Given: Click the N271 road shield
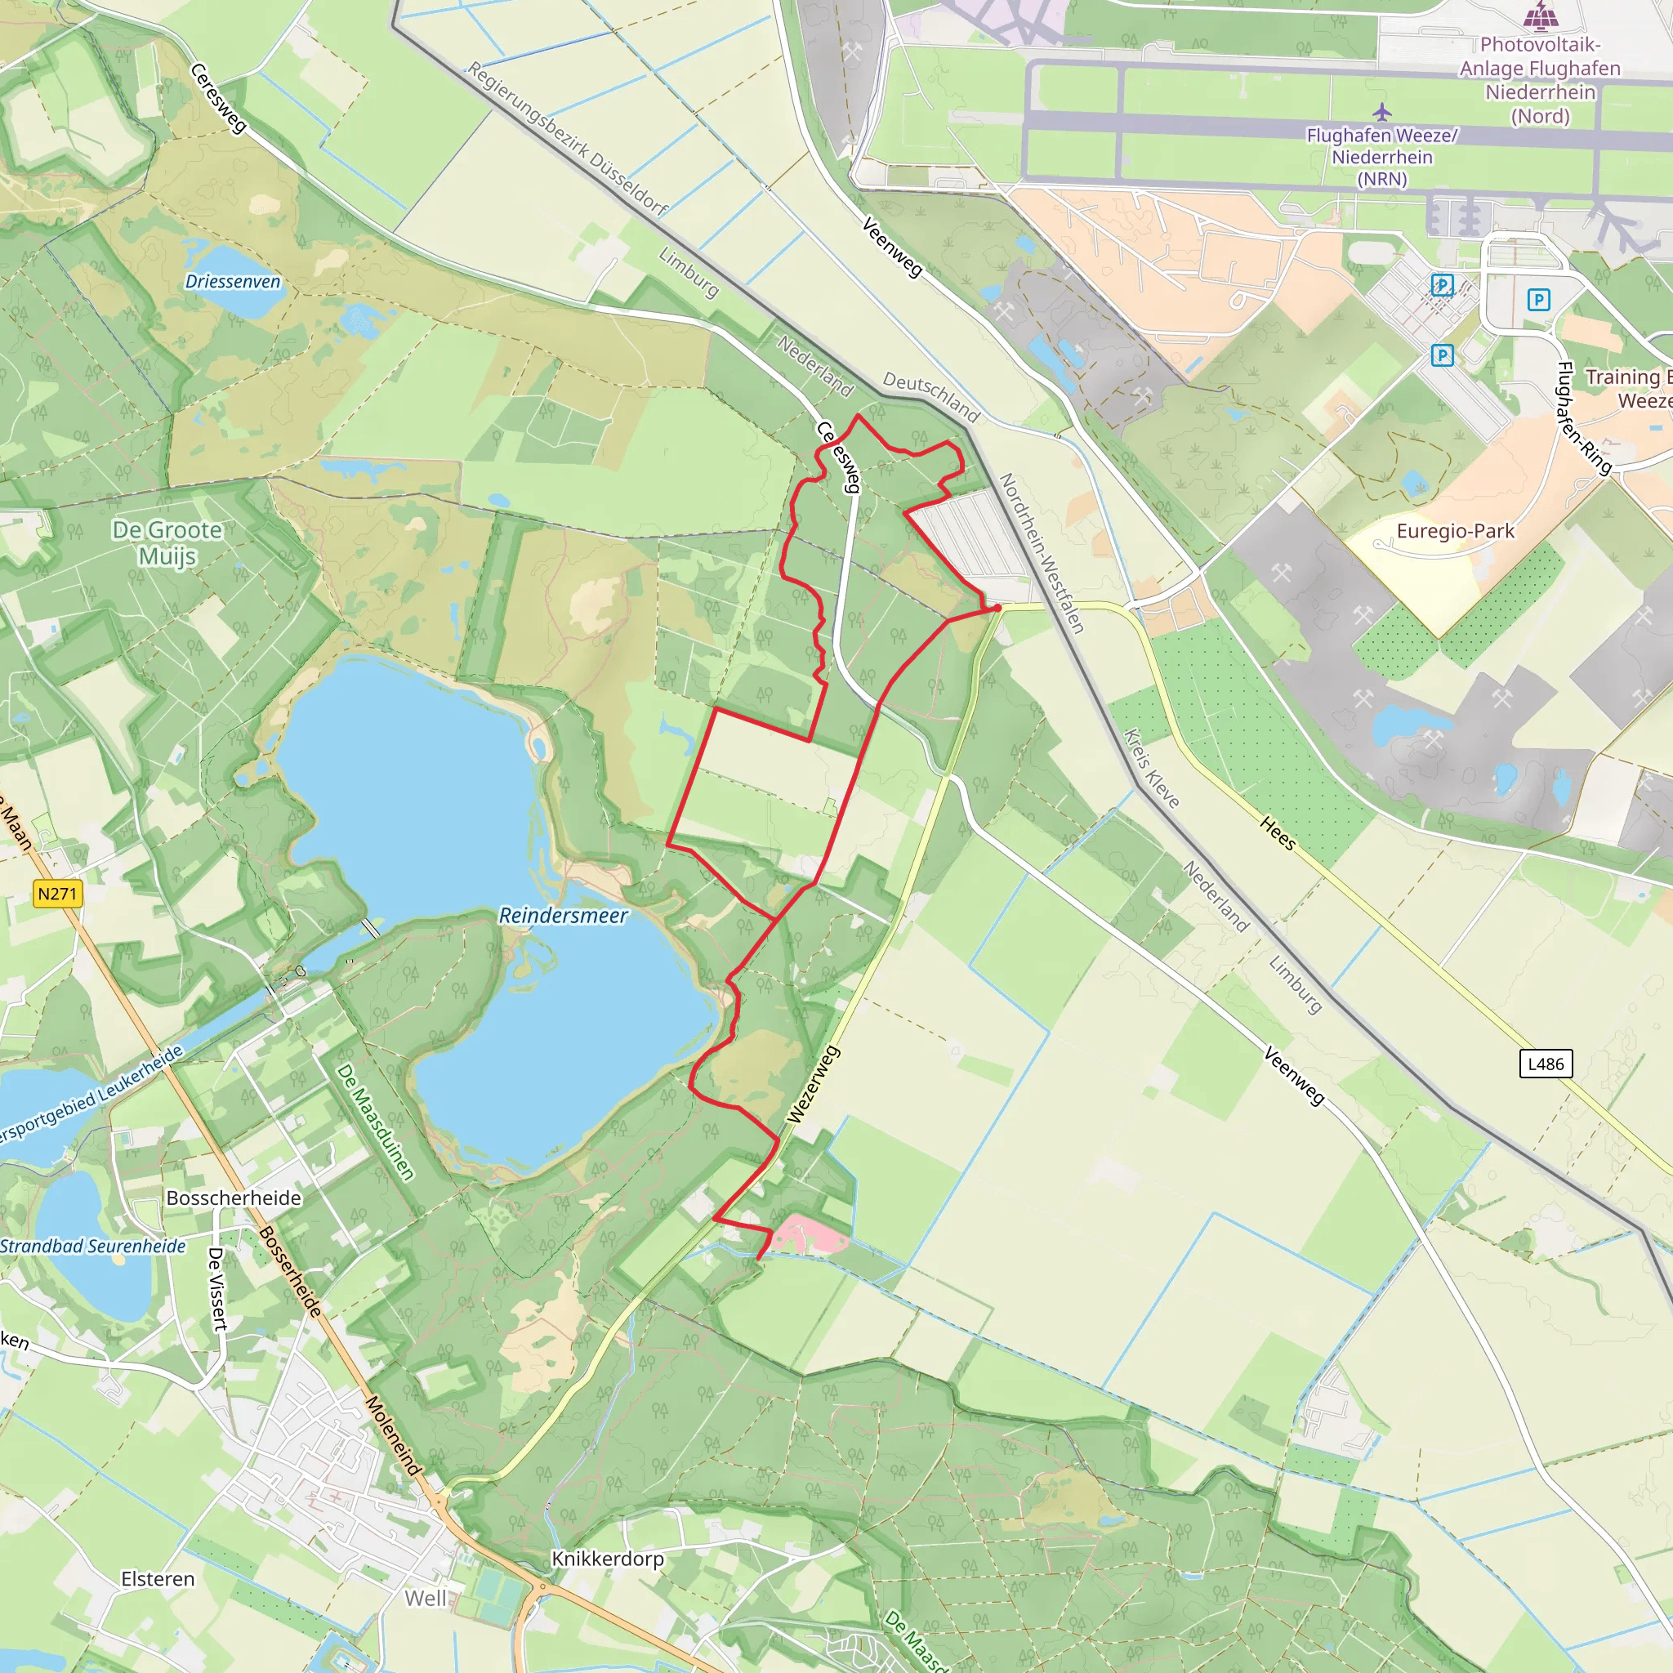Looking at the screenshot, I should pyautogui.click(x=58, y=893).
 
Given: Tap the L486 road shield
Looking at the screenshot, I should pyautogui.click(x=1546, y=1064).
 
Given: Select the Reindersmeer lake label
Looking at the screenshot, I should pyautogui.click(x=563, y=915).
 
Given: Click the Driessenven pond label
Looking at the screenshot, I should pyautogui.click(x=233, y=282).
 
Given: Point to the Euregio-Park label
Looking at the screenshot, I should pyautogui.click(x=1455, y=531).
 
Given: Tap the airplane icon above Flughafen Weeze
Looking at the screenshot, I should pyautogui.click(x=1382, y=112).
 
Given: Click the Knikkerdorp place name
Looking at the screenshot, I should pyautogui.click(x=608, y=1559).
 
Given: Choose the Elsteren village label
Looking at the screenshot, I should pyautogui.click(x=158, y=1578).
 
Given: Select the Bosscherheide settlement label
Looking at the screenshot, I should pyautogui.click(x=234, y=1198).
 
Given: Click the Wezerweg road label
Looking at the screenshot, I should pyautogui.click(x=813, y=1084).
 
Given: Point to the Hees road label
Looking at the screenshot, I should pyautogui.click(x=1278, y=833).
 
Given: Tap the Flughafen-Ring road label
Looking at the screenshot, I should pyautogui.click(x=1584, y=418).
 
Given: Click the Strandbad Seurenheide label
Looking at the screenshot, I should pyautogui.click(x=92, y=1246).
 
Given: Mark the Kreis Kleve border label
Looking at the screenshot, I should pyautogui.click(x=1152, y=768).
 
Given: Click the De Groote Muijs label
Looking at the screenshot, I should pyautogui.click(x=167, y=543).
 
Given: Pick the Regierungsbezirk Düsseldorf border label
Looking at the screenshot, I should pyautogui.click(x=567, y=139).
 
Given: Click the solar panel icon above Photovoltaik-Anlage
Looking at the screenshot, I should pyautogui.click(x=1540, y=15).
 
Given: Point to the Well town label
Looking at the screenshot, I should pyautogui.click(x=426, y=1598).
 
